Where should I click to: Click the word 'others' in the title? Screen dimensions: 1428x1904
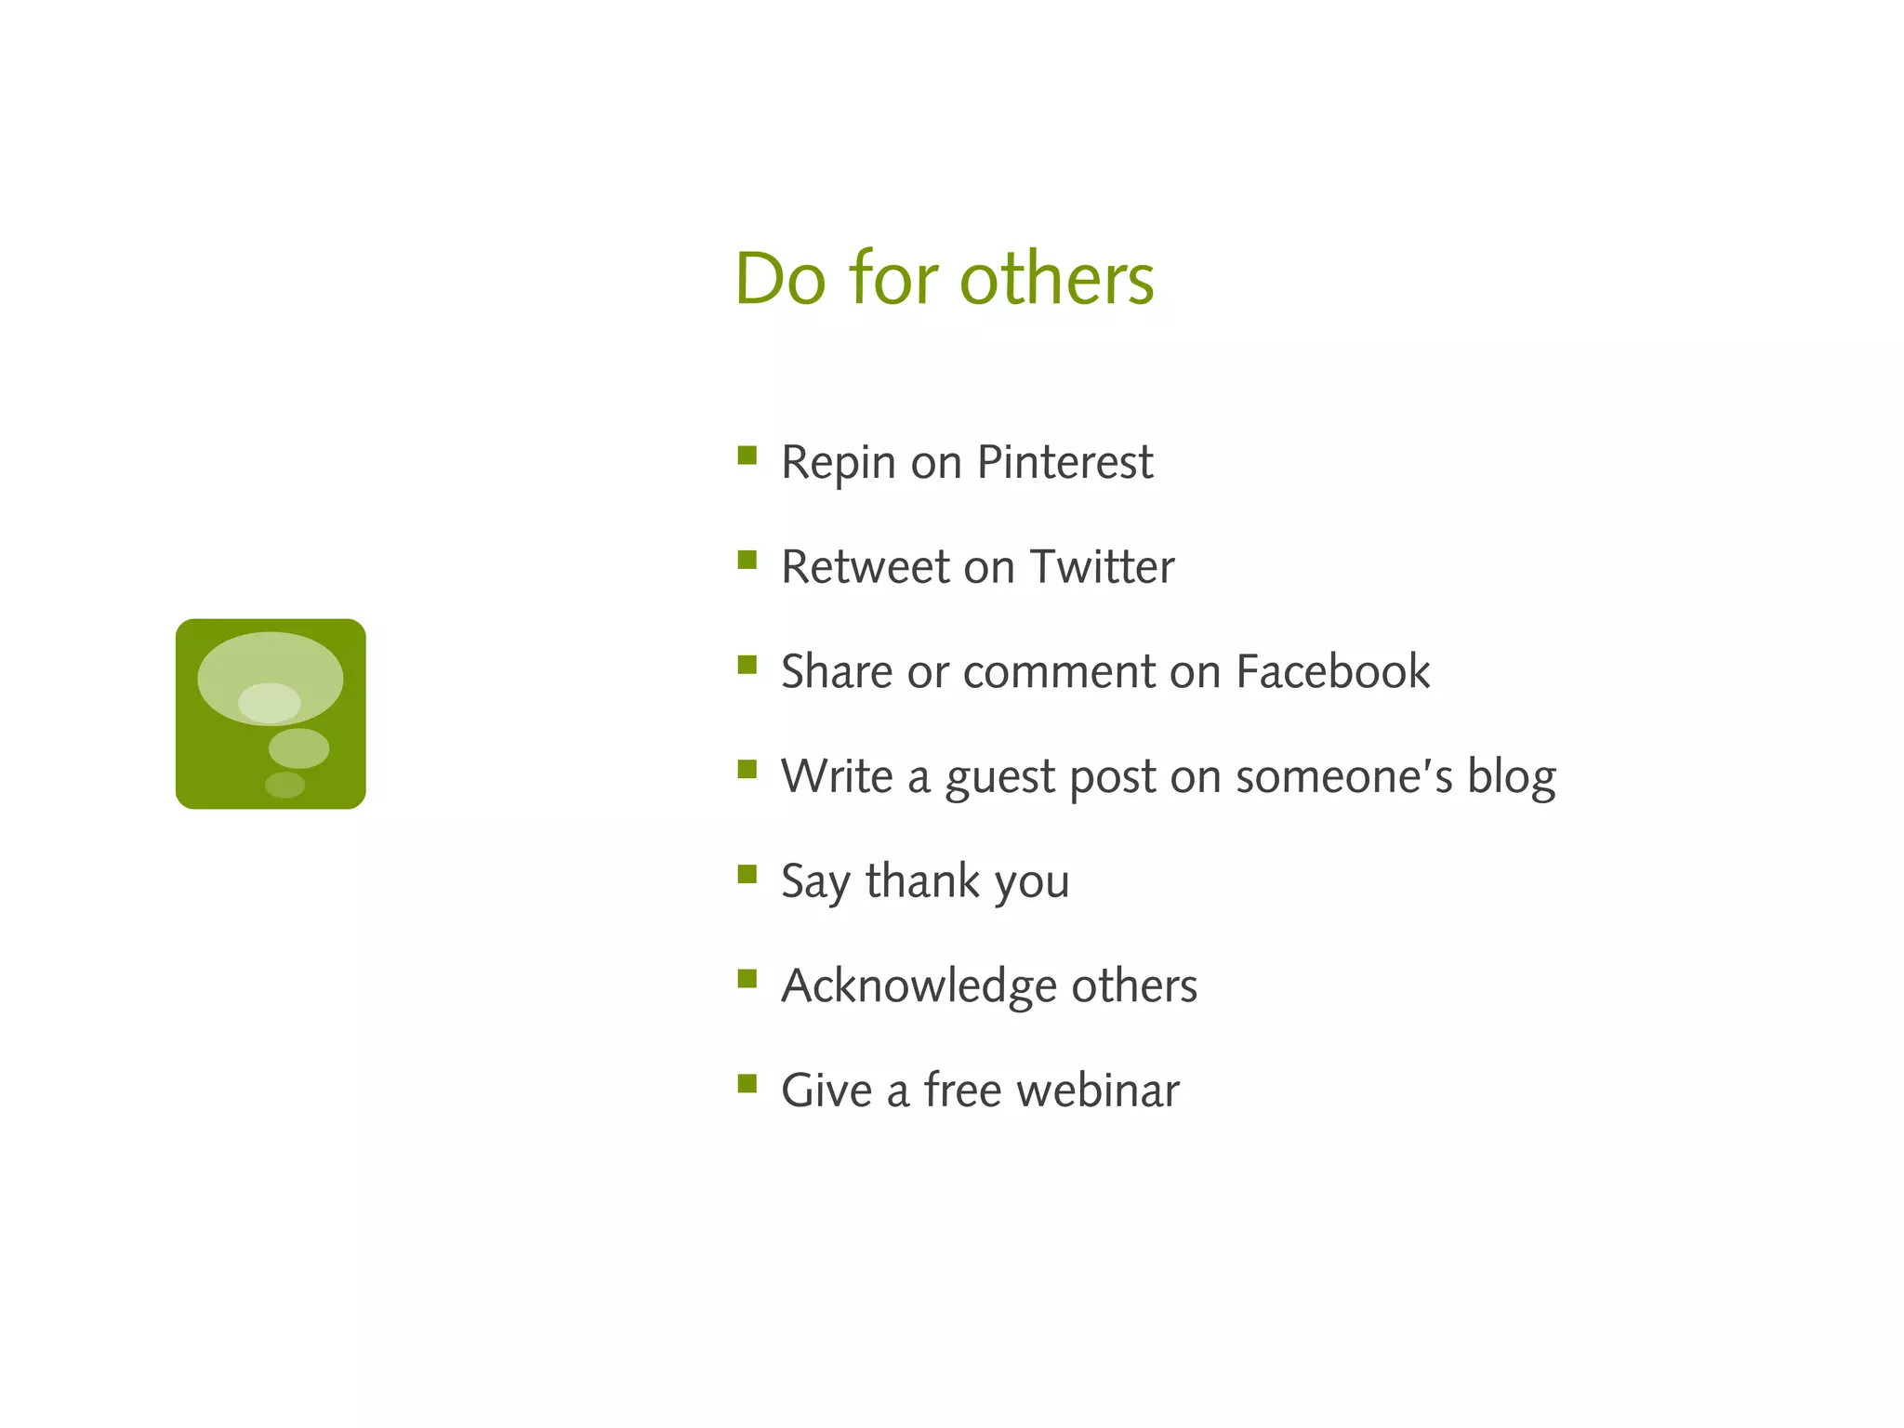pos(1056,279)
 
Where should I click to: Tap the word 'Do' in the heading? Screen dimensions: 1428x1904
pos(779,279)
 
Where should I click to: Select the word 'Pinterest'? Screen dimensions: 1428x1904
pos(1064,462)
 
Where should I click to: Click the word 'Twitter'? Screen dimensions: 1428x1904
pos(1102,567)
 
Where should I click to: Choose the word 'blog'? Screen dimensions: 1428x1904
pos(1511,777)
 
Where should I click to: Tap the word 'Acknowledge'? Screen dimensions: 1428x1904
pos(919,985)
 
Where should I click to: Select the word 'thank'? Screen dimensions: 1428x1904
pos(922,880)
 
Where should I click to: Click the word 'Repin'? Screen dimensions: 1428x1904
pos(839,464)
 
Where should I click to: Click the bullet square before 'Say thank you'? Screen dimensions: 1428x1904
pos(747,874)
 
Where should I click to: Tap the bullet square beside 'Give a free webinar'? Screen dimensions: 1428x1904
pos(747,1083)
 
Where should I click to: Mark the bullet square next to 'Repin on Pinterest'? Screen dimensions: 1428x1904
pos(747,455)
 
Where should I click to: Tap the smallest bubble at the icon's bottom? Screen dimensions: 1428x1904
pos(284,785)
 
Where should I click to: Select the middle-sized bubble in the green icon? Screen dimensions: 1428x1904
pos(298,747)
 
